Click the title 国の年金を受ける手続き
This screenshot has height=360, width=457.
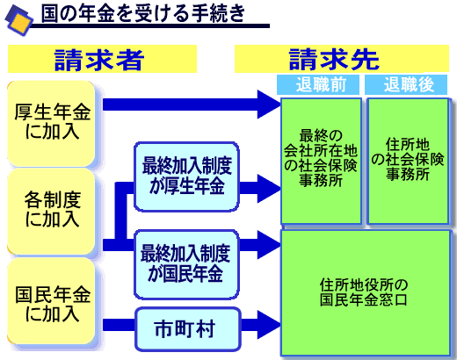pos(142,13)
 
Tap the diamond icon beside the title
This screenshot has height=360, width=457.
pos(18,20)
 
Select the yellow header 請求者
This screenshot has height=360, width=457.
pos(102,59)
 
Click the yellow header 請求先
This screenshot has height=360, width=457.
pos(342,59)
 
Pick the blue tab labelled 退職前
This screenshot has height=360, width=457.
pos(318,84)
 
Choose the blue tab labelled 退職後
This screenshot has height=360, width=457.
pos(406,84)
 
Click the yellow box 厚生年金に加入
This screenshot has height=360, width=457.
pos(52,123)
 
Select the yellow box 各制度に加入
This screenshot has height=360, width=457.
pos(52,212)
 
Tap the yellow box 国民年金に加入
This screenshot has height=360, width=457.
pos(52,301)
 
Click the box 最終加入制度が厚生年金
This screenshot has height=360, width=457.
pos(186,176)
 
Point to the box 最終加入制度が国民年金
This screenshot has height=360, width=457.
pos(186,264)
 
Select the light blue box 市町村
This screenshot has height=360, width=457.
pos(188,329)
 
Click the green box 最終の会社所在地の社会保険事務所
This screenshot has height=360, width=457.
pos(321,161)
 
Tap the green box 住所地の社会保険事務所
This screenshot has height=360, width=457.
pos(408,161)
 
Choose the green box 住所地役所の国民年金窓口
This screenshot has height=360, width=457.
pos(366,292)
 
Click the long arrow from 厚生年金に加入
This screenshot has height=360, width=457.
pos(192,104)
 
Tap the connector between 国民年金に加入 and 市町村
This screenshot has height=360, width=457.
pos(119,325)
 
